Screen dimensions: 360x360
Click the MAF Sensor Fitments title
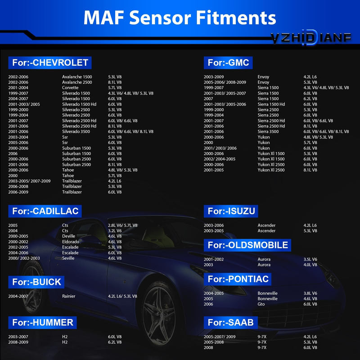(180, 18)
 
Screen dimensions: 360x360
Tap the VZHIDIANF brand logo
(311, 37)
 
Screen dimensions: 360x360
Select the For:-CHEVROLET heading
(50, 63)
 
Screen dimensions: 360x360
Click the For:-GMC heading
(228, 63)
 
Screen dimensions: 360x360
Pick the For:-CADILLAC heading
(45, 211)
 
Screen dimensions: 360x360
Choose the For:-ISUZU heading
(231, 211)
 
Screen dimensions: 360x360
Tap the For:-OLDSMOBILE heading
(247, 245)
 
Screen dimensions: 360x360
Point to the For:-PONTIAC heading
(238, 279)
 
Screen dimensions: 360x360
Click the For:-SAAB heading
(230, 323)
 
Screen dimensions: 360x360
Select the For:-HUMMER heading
(42, 323)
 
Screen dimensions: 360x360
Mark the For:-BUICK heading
(36, 282)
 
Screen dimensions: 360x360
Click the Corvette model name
(70, 88)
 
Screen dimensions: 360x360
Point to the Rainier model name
(69, 296)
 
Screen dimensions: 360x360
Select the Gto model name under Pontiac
(261, 304)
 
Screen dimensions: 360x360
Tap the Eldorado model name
(71, 242)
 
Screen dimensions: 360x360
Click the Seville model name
(68, 258)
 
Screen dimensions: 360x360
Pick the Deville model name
(69, 236)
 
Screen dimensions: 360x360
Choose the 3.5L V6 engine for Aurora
(310, 260)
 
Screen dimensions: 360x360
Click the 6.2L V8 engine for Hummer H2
(115, 342)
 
